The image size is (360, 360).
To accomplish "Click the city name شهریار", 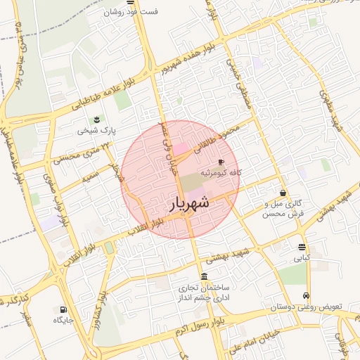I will (189, 204).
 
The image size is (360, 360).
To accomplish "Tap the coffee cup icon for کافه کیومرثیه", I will (221, 162).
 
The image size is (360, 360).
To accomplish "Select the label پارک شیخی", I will (96, 130).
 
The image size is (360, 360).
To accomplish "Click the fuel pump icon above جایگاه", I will (63, 309).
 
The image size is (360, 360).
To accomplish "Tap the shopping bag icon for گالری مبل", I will (283, 193).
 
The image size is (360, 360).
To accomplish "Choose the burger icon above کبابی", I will (302, 247).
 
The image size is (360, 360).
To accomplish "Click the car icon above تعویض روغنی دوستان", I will (307, 296).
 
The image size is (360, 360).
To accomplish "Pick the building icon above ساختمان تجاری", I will (204, 276).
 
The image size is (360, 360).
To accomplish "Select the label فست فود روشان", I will (131, 12).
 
